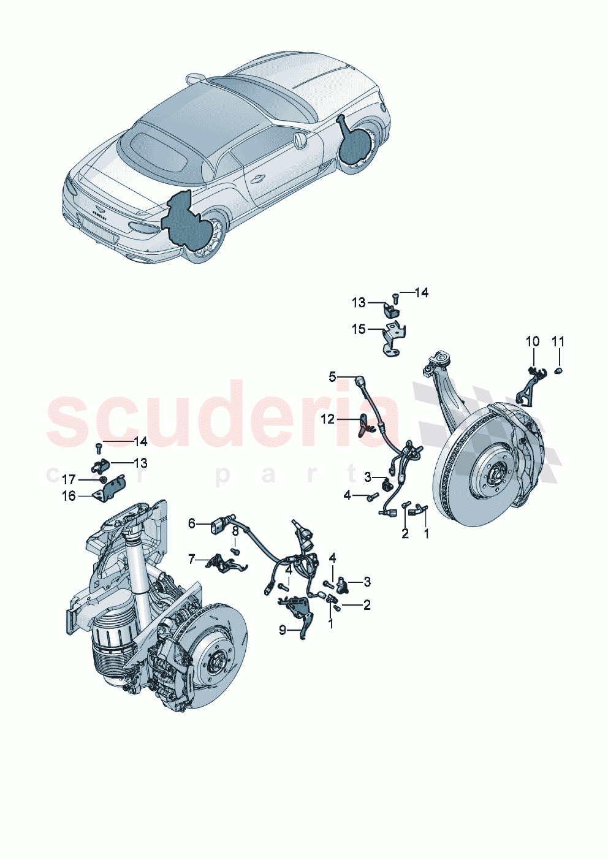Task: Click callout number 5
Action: coord(332,376)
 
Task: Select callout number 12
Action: coord(328,419)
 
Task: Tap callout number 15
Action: coord(358,329)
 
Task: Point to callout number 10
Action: coord(533,341)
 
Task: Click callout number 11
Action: coord(558,341)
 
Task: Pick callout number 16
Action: coord(69,496)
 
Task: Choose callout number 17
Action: coord(69,480)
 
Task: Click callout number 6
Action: coord(192,523)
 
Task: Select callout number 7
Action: coord(192,559)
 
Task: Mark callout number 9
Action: coord(283,630)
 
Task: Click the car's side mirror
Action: coord(300,142)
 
